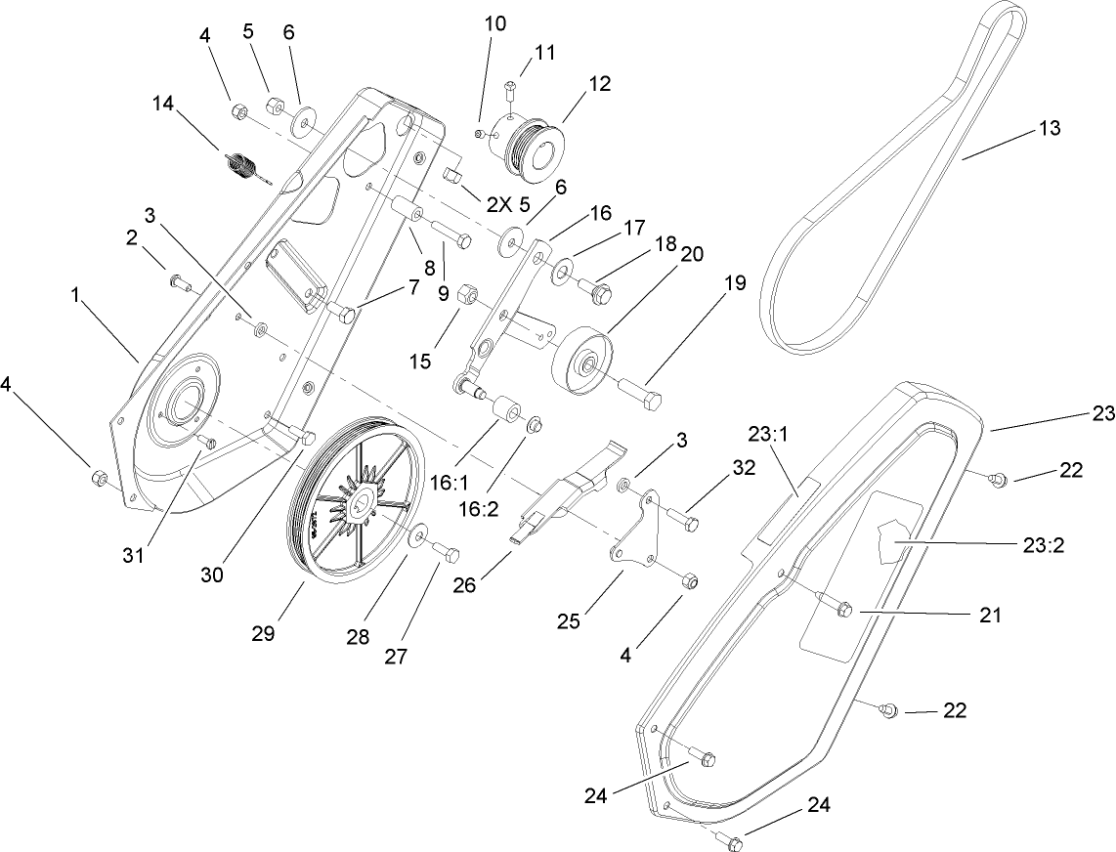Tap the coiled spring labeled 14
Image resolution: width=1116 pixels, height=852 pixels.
(240, 167)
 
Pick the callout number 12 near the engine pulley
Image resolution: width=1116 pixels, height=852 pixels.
(599, 84)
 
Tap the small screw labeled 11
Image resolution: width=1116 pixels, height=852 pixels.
(508, 91)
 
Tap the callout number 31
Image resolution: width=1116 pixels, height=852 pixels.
(133, 555)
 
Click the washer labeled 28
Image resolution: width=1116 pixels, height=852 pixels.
(416, 534)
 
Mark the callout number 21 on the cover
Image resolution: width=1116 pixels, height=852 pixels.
(989, 616)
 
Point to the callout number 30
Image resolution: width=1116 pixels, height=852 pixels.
(212, 575)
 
